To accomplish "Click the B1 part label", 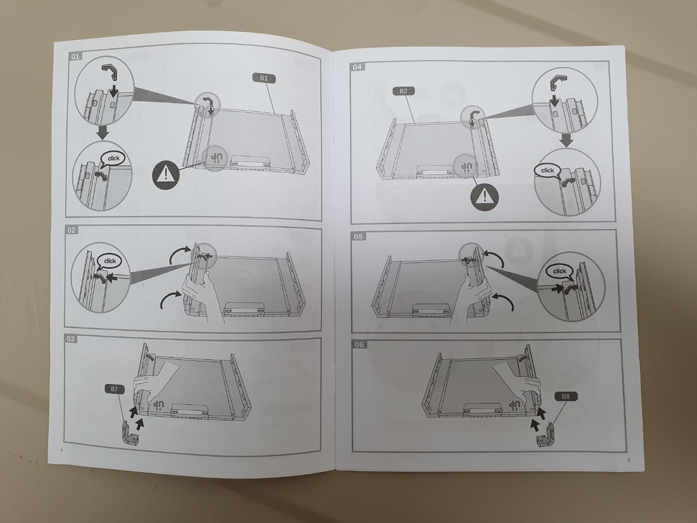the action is click(x=264, y=78).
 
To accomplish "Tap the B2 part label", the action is click(x=403, y=92).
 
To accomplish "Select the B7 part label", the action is click(x=114, y=389).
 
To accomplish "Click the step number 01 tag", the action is click(x=76, y=57).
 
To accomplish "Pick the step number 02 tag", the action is click(x=72, y=230).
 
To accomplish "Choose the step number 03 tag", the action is click(x=71, y=339).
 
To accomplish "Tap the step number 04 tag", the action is click(x=357, y=67).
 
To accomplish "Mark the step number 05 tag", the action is click(x=358, y=237).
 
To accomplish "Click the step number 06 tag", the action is click(x=359, y=344).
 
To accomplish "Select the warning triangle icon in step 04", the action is click(x=485, y=197).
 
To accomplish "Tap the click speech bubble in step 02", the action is click(x=109, y=262).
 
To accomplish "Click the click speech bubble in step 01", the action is click(x=113, y=159).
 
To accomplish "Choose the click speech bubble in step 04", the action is click(x=547, y=171).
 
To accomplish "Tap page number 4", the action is click(x=61, y=450).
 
